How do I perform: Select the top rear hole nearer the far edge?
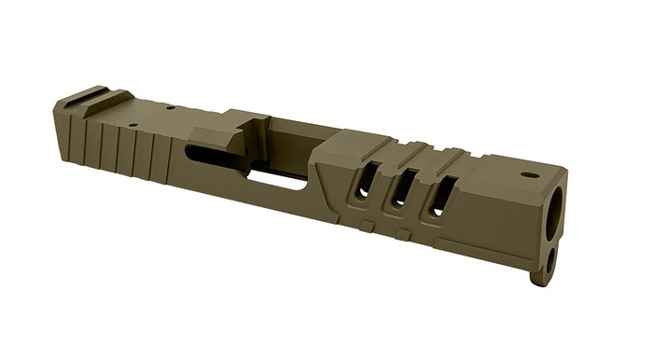click(170, 108)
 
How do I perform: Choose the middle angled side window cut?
click(400, 190)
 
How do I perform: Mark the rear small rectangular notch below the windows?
click(369, 225)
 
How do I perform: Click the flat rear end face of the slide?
click(62, 131)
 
